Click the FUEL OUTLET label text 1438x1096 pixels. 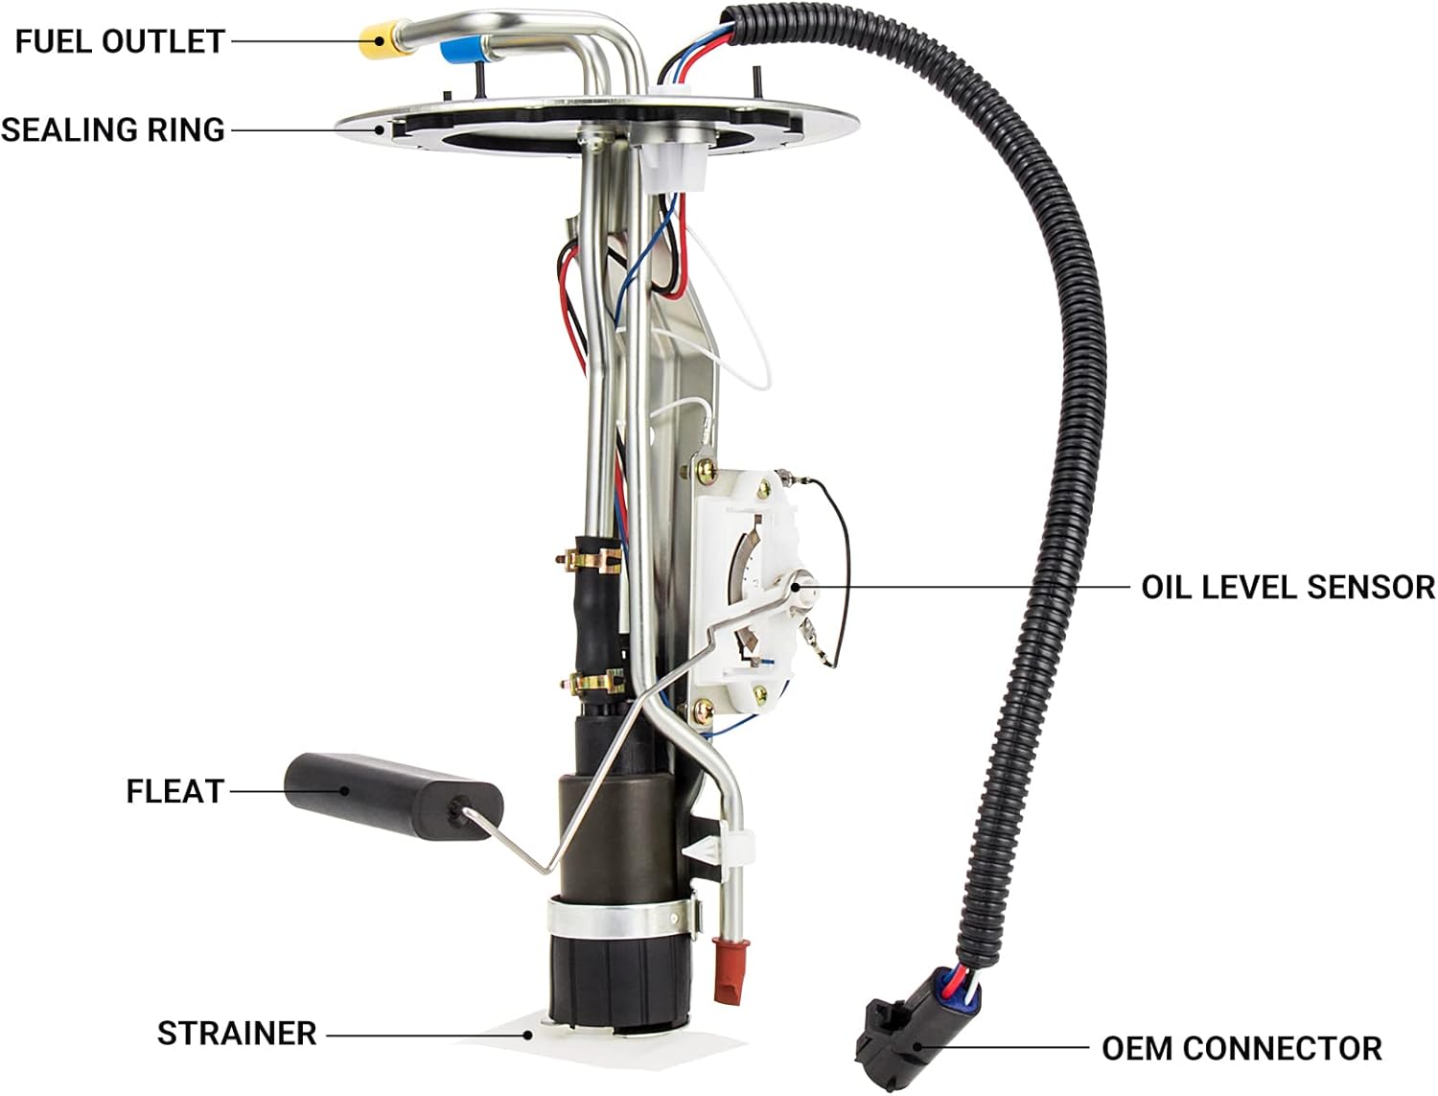[x=120, y=41]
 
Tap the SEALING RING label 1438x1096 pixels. [x=113, y=129]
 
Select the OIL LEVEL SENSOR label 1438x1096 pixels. [x=1288, y=587]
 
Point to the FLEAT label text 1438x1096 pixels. [x=175, y=791]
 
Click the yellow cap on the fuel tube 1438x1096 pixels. [x=383, y=39]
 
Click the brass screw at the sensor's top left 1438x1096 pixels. [x=706, y=470]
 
